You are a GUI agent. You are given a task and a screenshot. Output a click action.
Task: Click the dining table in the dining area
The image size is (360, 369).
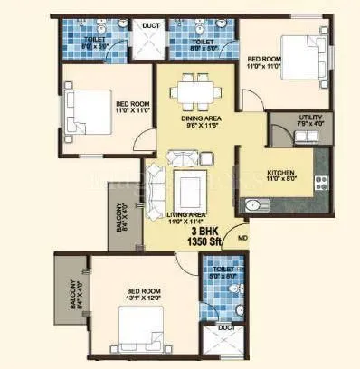(x=195, y=91)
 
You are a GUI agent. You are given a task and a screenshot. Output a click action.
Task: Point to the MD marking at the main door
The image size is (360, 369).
(x=242, y=239)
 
